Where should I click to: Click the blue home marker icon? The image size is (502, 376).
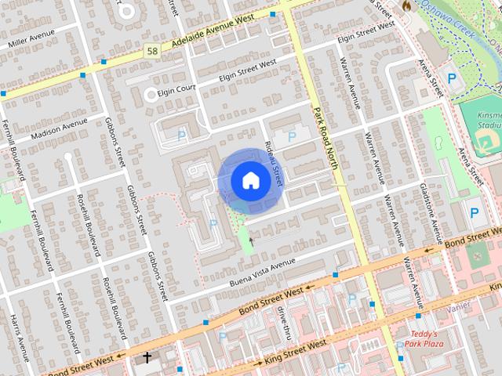click(250, 180)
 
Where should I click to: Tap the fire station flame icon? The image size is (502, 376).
click(406, 5)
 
